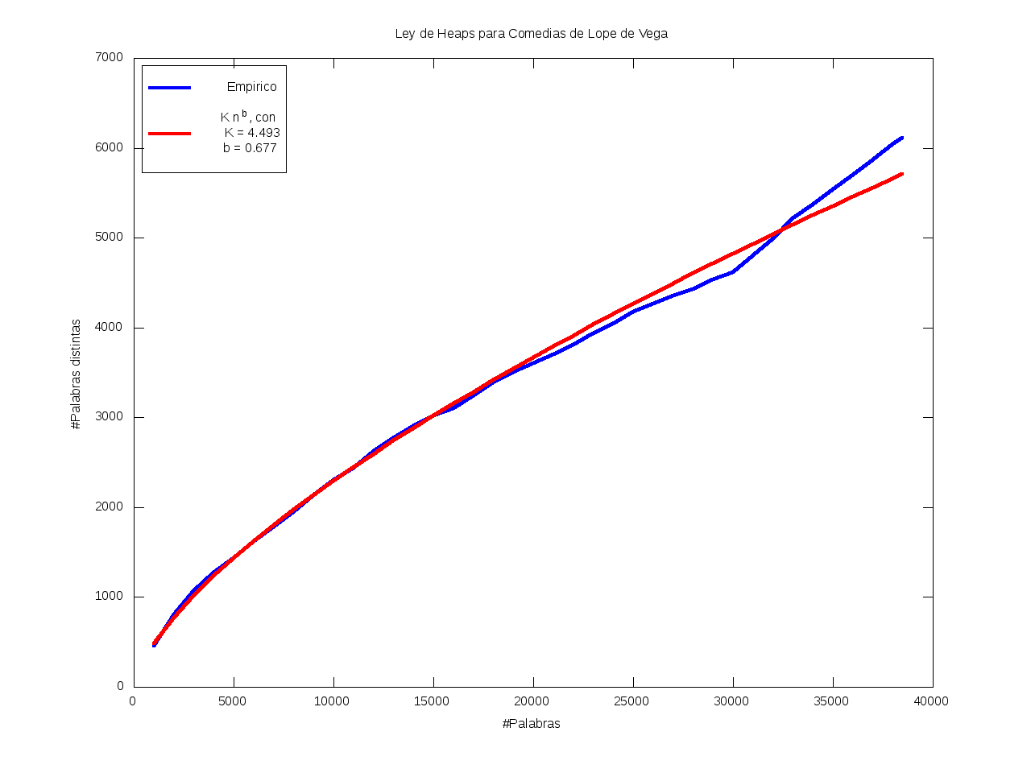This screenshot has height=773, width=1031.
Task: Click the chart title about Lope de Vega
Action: tap(531, 34)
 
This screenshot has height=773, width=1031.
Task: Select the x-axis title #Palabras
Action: tap(531, 723)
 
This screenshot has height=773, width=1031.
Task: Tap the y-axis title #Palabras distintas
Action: tap(76, 374)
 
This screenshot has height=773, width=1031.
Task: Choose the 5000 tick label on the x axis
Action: tap(233, 701)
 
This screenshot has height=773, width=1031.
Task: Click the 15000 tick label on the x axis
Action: tap(432, 701)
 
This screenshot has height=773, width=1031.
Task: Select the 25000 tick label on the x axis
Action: tap(631, 701)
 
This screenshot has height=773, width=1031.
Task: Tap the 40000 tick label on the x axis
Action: tap(931, 701)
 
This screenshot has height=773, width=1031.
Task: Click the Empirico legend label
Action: tap(251, 87)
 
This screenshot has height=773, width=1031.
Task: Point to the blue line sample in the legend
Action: tap(170, 87)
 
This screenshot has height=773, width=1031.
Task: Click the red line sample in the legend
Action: tap(170, 133)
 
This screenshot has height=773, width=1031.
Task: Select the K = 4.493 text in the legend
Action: tap(252, 133)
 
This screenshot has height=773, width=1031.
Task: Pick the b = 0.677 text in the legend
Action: tap(250, 148)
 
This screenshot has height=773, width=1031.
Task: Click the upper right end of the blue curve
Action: tap(901, 138)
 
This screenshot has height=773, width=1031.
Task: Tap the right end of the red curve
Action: tap(901, 174)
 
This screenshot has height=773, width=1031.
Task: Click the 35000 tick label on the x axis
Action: tap(831, 701)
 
